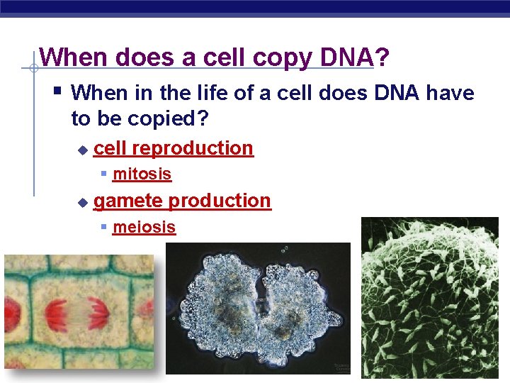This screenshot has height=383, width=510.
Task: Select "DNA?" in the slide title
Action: (352, 57)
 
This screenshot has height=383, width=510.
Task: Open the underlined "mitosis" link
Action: (142, 174)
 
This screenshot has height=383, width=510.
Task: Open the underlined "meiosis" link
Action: (144, 227)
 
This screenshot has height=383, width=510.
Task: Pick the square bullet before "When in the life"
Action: (58, 91)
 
